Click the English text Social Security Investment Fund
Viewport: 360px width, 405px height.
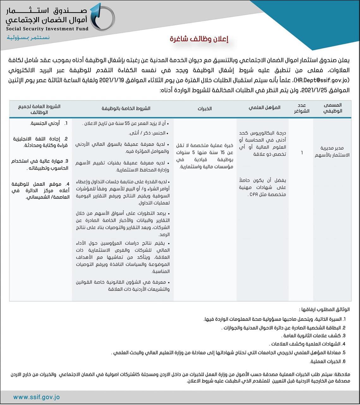(47, 29)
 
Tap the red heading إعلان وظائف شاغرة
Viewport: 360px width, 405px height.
(199, 39)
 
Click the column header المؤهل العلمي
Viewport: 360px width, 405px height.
(264, 108)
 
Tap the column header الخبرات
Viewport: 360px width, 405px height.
(204, 109)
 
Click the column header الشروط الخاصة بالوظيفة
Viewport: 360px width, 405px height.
(126, 108)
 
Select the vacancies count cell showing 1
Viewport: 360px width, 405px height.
(302, 153)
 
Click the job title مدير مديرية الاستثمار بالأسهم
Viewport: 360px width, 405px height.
(332, 152)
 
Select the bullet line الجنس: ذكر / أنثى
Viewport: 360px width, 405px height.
(149, 133)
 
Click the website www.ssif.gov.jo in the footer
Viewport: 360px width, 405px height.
(36, 397)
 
